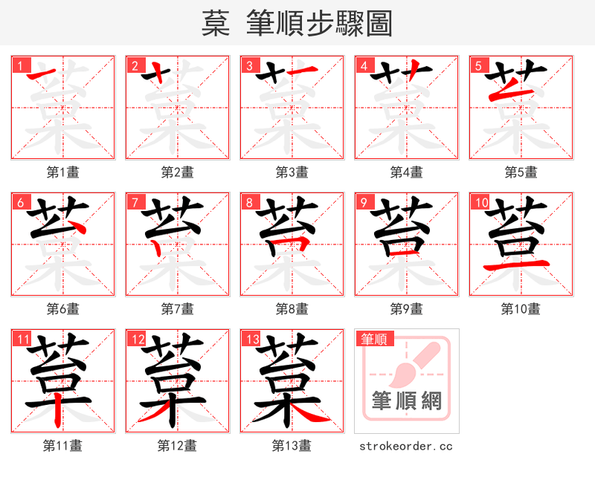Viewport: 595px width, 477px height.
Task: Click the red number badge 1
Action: point(20,65)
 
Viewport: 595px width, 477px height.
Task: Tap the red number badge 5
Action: point(478,65)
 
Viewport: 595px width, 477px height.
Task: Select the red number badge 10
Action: point(480,202)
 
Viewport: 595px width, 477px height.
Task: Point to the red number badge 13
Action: point(251,340)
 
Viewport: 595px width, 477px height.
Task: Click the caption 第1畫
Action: point(63,172)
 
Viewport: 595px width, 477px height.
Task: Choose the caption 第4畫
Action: point(407,172)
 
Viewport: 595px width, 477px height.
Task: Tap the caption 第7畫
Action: point(178,308)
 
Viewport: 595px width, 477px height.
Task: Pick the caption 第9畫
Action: point(407,308)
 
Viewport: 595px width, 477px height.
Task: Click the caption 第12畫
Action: point(178,446)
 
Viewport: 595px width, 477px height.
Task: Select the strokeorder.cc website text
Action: point(406,446)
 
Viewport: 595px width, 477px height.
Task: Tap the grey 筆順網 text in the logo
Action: point(407,401)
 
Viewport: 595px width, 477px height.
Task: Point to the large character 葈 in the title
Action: point(215,24)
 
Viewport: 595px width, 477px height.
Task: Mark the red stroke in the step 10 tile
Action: point(520,265)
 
